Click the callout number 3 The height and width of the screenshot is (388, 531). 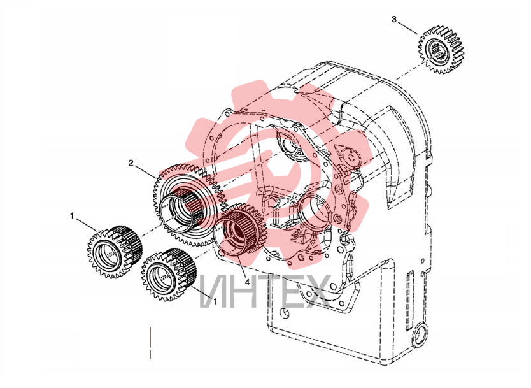(393, 20)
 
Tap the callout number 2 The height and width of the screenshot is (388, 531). (131, 163)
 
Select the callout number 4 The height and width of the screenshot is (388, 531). (248, 282)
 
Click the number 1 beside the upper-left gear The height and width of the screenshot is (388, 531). (72, 215)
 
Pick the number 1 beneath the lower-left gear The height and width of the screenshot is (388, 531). (215, 299)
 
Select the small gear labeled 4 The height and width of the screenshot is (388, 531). (242, 231)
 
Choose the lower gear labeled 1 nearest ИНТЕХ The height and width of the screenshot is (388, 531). (169, 275)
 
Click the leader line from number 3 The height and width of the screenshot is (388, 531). (407, 28)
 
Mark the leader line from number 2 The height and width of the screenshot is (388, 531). (145, 171)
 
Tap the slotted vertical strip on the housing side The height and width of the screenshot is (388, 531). (410, 300)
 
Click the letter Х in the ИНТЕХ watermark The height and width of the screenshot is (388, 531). (314, 291)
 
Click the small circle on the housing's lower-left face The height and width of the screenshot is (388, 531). (285, 313)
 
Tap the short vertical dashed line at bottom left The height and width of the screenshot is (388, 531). (150, 343)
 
